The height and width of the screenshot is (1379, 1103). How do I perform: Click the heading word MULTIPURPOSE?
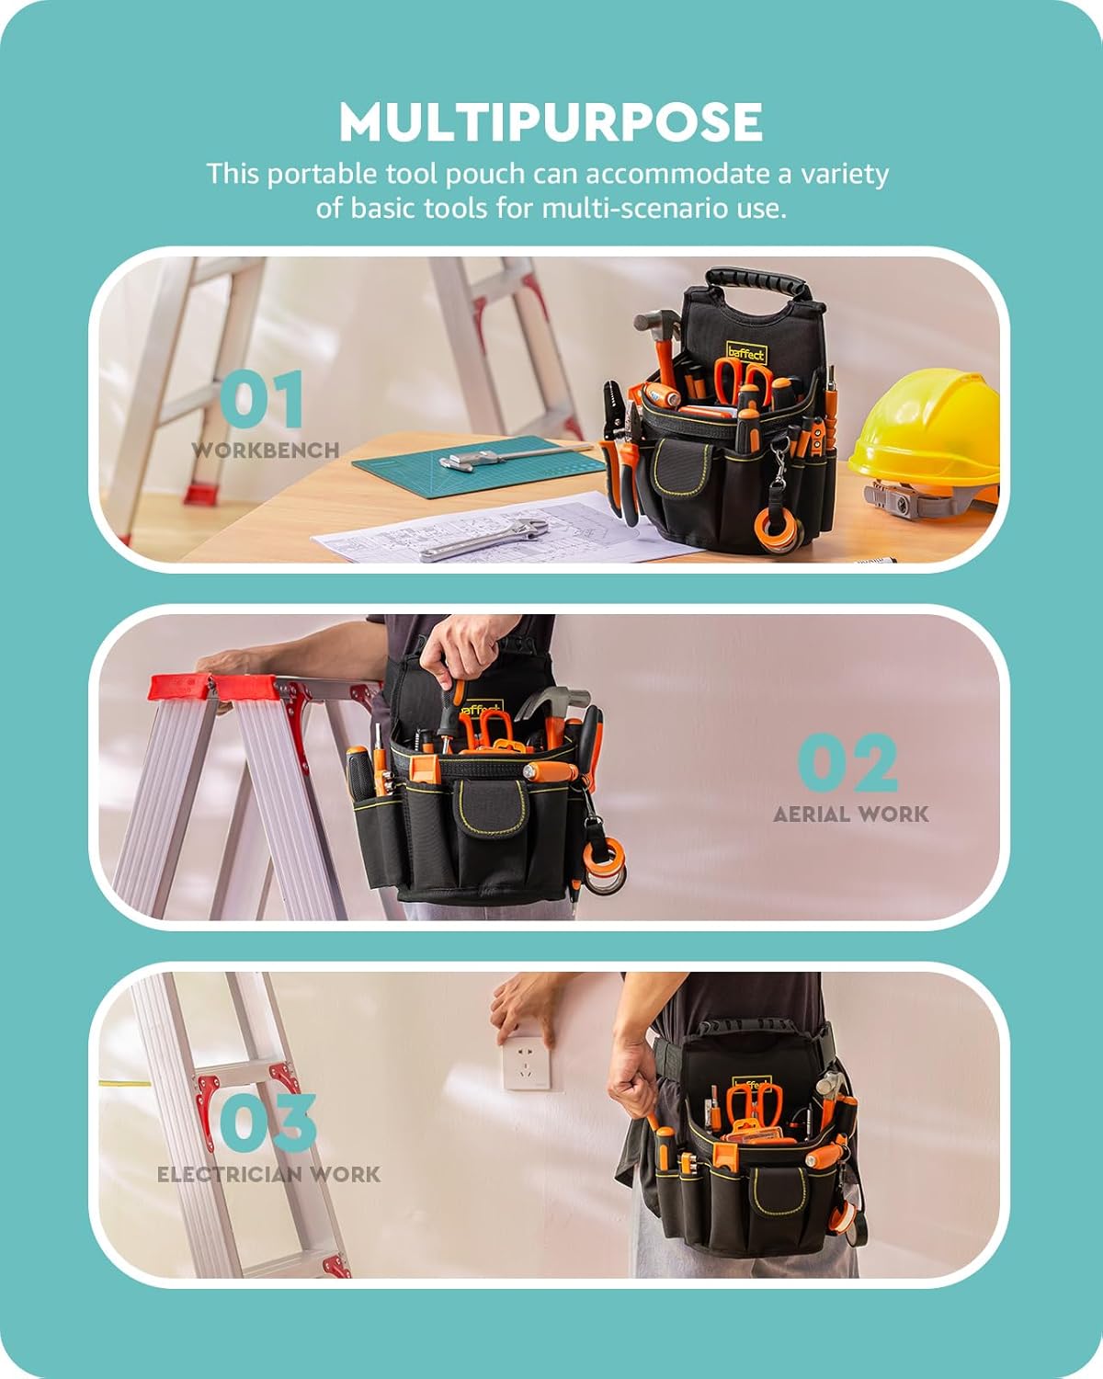pos(551,121)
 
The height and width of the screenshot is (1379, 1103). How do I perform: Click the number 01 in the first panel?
pos(261,399)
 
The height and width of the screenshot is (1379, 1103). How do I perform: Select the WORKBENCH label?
pos(266,450)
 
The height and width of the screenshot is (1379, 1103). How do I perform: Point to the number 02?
pos(847,762)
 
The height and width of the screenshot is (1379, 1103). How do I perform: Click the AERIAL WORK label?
pos(851,814)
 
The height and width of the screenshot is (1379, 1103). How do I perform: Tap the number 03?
pos(267,1123)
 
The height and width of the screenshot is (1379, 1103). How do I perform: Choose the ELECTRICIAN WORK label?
pos(269,1174)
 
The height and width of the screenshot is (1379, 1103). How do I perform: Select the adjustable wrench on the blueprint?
pos(483,541)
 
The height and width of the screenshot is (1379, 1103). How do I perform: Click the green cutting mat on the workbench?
pos(480,466)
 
